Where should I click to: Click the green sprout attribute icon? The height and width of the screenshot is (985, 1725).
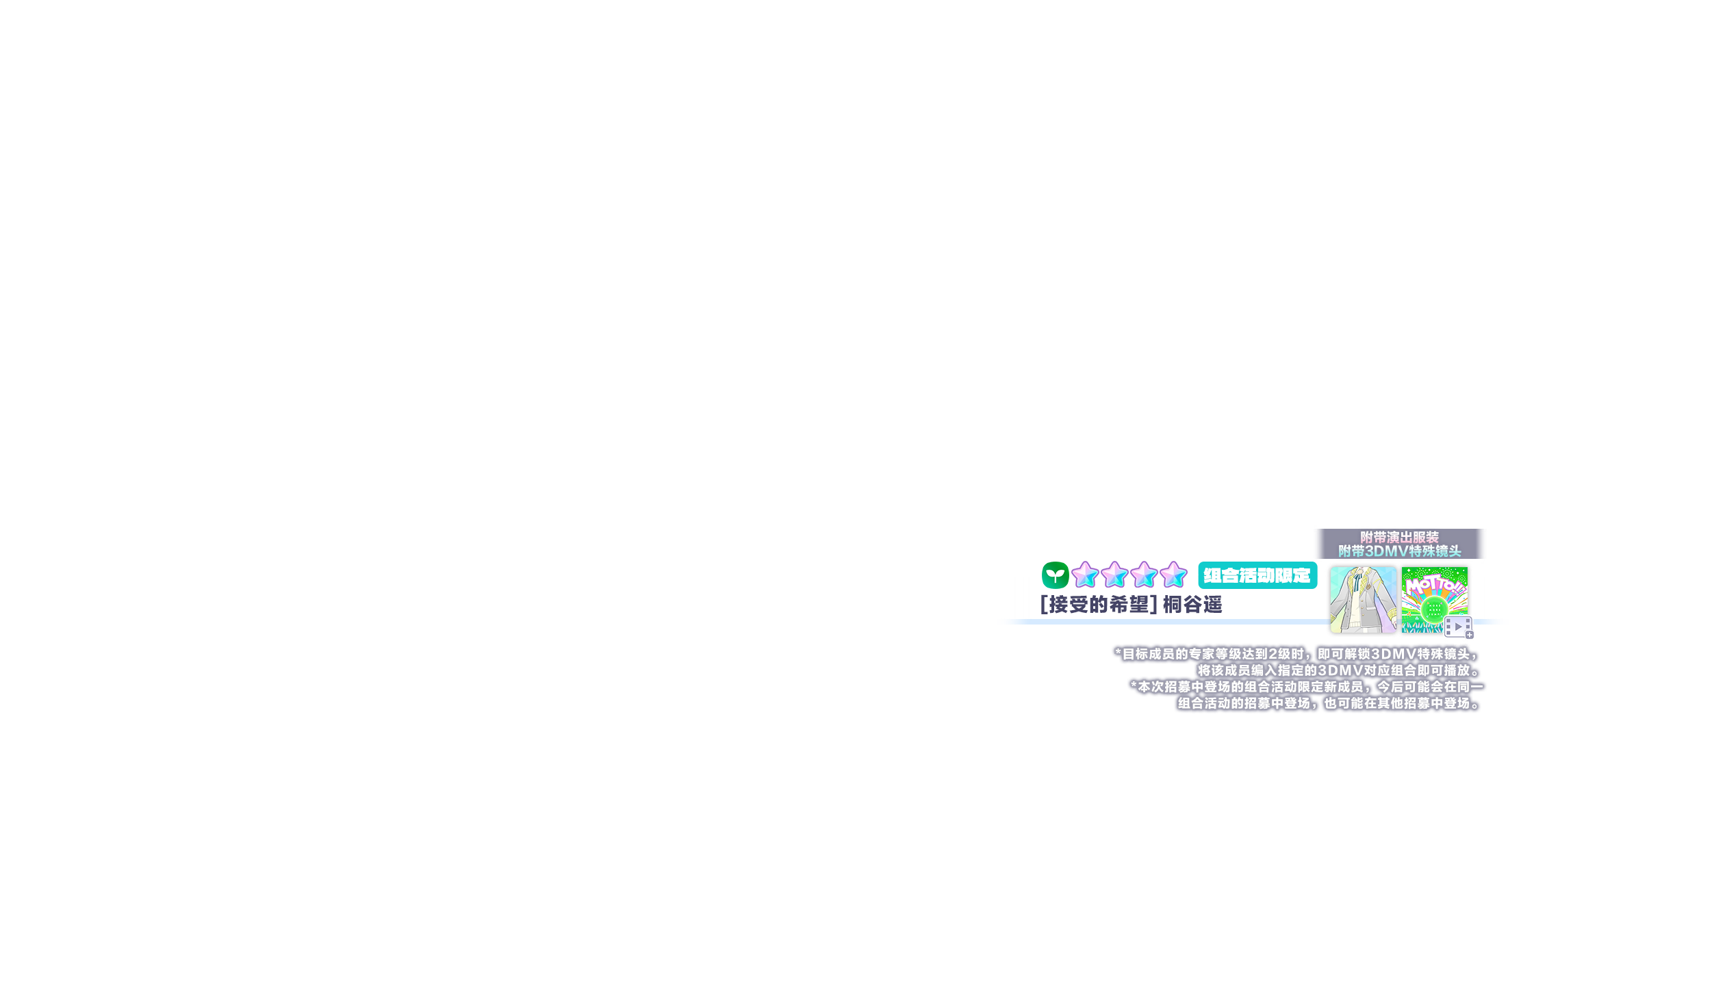pyautogui.click(x=1055, y=575)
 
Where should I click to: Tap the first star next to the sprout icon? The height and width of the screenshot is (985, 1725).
pyautogui.click(x=1085, y=575)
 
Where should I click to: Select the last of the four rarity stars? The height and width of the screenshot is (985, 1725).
pyautogui.click(x=1173, y=575)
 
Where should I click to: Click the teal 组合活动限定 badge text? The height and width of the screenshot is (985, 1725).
pyautogui.click(x=1257, y=576)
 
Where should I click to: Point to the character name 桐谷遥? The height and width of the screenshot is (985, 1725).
pyautogui.click(x=1192, y=605)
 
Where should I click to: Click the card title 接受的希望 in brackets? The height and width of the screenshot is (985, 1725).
pyautogui.click(x=1099, y=605)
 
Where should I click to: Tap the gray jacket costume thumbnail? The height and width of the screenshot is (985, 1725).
pyautogui.click(x=1362, y=600)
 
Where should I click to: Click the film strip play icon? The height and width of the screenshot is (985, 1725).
pyautogui.click(x=1457, y=626)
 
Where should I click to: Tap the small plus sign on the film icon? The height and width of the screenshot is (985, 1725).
pyautogui.click(x=1469, y=635)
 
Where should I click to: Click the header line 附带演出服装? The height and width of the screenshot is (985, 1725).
pyautogui.click(x=1399, y=538)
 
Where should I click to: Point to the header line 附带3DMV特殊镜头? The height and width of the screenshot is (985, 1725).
pyautogui.click(x=1399, y=551)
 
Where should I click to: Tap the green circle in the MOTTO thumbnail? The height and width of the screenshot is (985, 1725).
pyautogui.click(x=1433, y=609)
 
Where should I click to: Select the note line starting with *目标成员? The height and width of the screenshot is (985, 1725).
pyautogui.click(x=1296, y=654)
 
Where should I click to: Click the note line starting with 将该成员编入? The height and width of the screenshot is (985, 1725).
pyautogui.click(x=1338, y=670)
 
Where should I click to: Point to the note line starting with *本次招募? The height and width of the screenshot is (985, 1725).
pyautogui.click(x=1306, y=687)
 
